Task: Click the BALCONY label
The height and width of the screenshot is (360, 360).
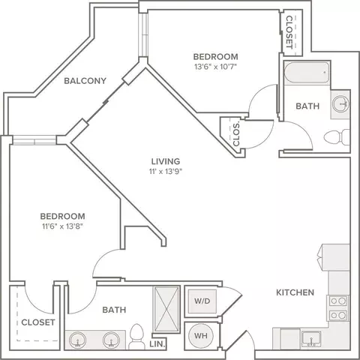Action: pyautogui.click(x=85, y=81)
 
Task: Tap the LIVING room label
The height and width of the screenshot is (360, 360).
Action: pyautogui.click(x=166, y=161)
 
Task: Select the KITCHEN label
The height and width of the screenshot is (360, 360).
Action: pyautogui.click(x=295, y=292)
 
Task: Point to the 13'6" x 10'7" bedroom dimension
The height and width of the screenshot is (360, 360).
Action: pyautogui.click(x=215, y=67)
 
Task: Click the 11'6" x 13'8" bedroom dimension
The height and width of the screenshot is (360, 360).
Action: pyautogui.click(x=62, y=226)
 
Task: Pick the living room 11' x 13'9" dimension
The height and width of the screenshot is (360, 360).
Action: pyautogui.click(x=166, y=172)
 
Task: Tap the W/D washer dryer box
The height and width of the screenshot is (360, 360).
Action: pyautogui.click(x=202, y=301)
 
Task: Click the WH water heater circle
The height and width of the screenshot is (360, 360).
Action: pyautogui.click(x=201, y=335)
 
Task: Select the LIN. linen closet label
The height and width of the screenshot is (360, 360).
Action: pyautogui.click(x=157, y=344)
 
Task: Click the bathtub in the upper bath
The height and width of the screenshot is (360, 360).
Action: pyautogui.click(x=307, y=72)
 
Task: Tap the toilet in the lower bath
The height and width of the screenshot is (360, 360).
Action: pyautogui.click(x=136, y=337)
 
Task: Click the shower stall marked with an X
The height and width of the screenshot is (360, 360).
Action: pyautogui.click(x=166, y=309)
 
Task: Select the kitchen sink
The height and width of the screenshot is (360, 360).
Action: pyautogui.click(x=311, y=339)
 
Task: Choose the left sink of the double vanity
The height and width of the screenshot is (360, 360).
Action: pyautogui.click(x=78, y=340)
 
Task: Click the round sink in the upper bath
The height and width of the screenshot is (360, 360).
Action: pyautogui.click(x=340, y=103)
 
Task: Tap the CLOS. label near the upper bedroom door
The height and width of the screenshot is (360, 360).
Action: pyautogui.click(x=236, y=134)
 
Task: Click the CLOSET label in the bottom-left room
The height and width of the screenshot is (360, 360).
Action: pyautogui.click(x=38, y=322)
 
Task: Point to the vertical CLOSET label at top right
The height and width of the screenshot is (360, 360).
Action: pyautogui.click(x=289, y=32)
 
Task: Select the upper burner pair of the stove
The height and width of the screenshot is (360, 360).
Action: pyautogui.click(x=338, y=301)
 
